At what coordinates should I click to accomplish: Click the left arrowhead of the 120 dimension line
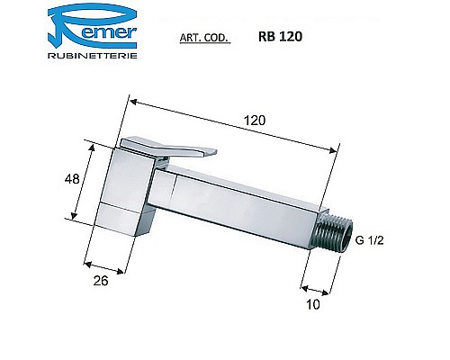click(124, 102)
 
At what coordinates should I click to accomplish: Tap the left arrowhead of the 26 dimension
click(87, 264)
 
